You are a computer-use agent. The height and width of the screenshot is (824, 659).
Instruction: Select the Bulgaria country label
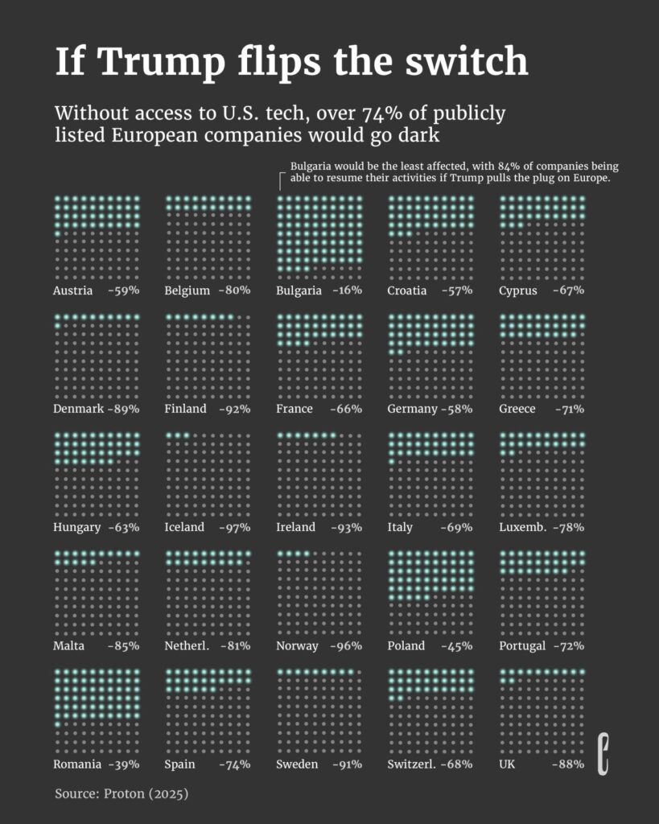(299, 290)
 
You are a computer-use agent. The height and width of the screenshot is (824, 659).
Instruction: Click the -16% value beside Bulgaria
(347, 290)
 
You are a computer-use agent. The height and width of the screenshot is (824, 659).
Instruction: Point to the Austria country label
(73, 290)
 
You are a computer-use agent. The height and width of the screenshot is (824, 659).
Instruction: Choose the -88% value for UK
(568, 764)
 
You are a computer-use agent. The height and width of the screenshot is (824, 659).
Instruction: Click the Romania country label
(77, 764)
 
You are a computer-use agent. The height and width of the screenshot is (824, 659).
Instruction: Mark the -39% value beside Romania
(124, 764)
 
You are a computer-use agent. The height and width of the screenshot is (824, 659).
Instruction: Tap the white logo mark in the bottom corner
(603, 754)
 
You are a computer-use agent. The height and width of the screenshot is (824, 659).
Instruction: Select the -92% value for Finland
(235, 409)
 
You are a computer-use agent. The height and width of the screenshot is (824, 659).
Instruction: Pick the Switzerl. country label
(411, 764)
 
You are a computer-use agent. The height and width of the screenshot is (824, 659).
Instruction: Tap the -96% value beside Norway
(347, 646)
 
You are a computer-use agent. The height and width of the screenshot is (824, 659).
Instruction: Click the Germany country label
(411, 409)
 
